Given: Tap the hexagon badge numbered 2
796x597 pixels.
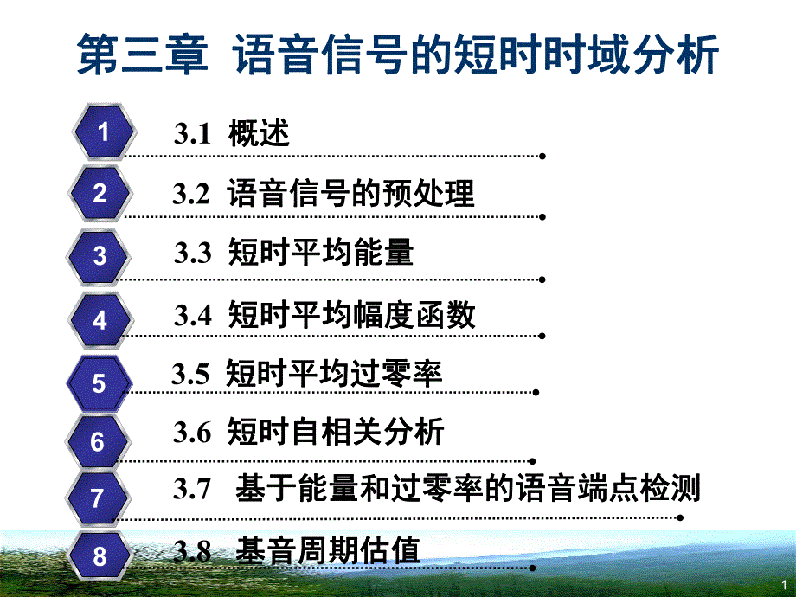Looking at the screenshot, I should (99, 193).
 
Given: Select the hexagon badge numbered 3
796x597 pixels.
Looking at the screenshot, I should (100, 256).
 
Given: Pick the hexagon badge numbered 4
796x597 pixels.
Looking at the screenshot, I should (100, 320).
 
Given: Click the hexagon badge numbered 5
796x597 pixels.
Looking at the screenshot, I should (99, 383).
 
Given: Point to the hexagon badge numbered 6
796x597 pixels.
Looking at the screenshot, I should (98, 442).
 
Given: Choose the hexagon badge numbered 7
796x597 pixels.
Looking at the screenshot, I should (97, 498).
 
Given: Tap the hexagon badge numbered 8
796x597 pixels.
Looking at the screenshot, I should (99, 555).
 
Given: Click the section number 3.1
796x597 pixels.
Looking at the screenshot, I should (193, 134).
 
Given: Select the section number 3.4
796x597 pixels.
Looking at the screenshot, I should (193, 315).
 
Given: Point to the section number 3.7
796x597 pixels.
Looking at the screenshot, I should (192, 490).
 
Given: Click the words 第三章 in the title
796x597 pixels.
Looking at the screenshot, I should (143, 54).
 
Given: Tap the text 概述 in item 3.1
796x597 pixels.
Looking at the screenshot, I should (259, 134).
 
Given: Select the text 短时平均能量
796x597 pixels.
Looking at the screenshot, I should (321, 253).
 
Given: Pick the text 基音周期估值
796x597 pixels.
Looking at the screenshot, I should (328, 549).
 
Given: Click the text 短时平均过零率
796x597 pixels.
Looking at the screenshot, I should (334, 374).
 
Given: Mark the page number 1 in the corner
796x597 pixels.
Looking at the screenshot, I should (783, 585).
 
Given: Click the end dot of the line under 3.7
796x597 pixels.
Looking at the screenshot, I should (680, 517).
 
